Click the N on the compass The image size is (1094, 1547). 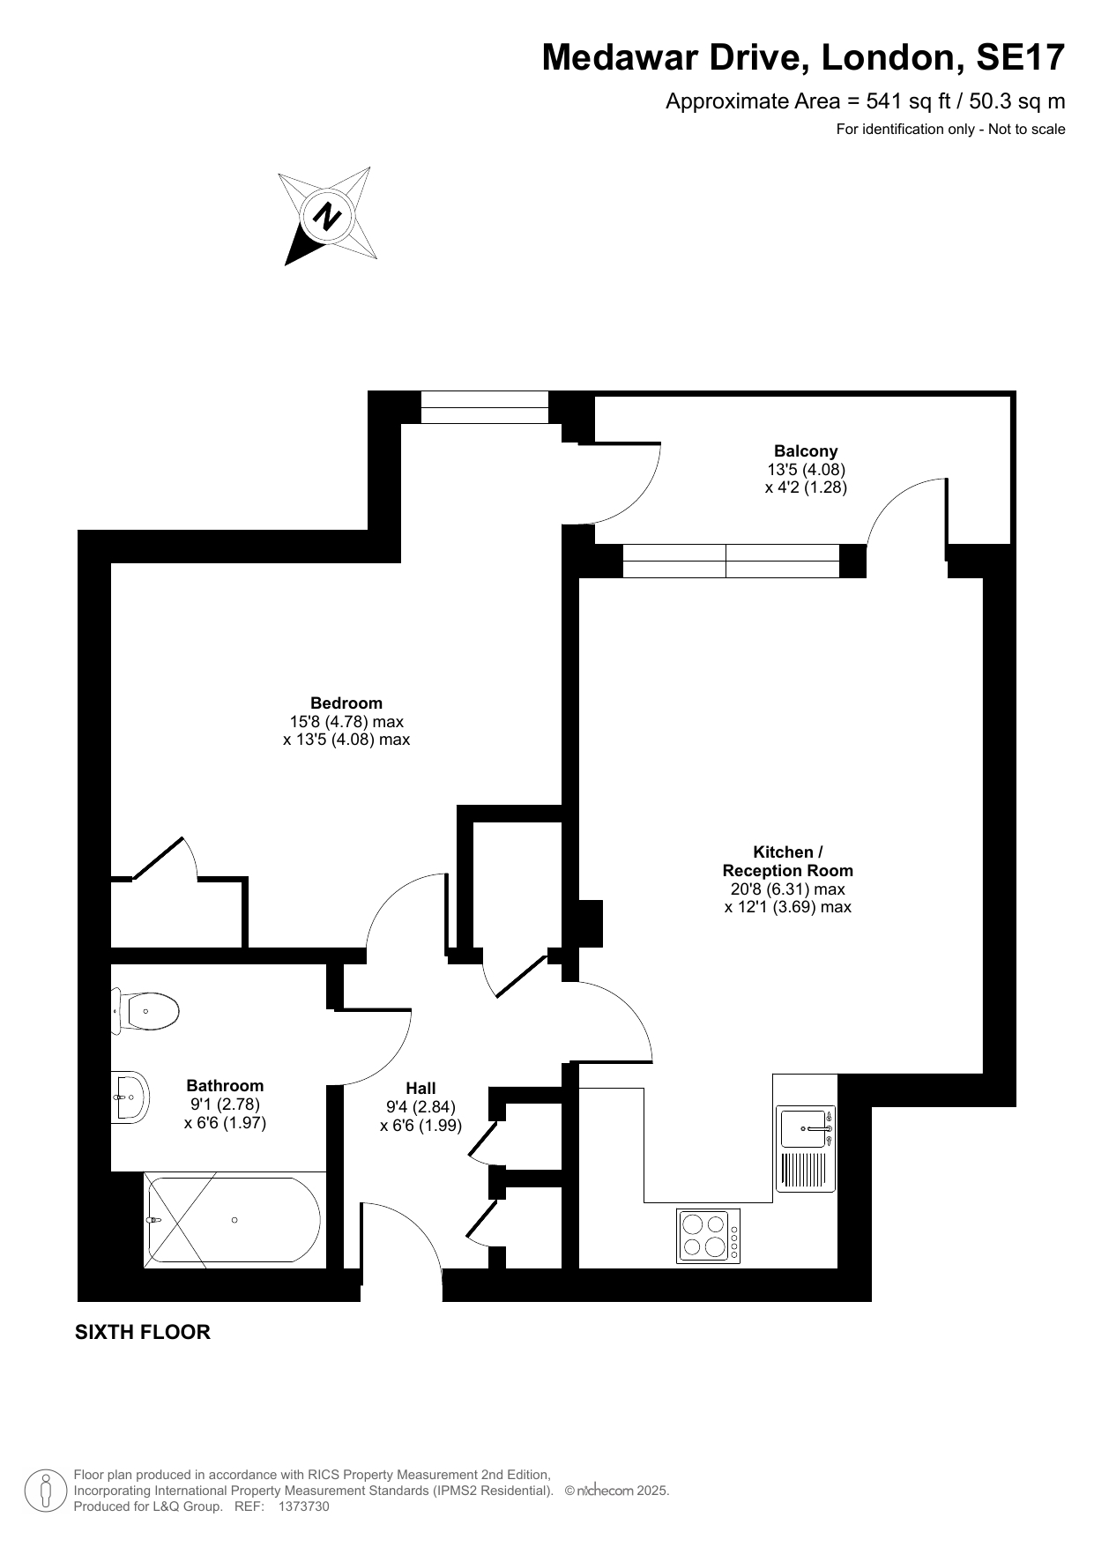[x=328, y=216]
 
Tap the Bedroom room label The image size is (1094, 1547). [x=346, y=703]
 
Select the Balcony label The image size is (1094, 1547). [x=806, y=451]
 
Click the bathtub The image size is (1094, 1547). [x=234, y=1220]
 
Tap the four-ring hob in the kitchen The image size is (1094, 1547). [x=709, y=1236]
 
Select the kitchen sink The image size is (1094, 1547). [x=806, y=1148]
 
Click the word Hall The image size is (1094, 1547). [x=421, y=1089]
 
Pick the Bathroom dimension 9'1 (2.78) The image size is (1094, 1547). [x=225, y=1104]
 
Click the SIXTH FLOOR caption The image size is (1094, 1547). [x=143, y=1332]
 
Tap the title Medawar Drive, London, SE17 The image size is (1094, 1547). [x=803, y=57]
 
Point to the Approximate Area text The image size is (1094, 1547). [x=866, y=101]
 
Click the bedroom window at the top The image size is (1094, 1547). [x=485, y=407]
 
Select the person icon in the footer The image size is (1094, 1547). [x=47, y=1491]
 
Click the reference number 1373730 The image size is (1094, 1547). [x=303, y=1506]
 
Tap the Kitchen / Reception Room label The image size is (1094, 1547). [x=788, y=861]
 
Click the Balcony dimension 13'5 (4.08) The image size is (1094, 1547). [x=806, y=470]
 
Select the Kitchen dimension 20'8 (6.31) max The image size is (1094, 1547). [x=788, y=889]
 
